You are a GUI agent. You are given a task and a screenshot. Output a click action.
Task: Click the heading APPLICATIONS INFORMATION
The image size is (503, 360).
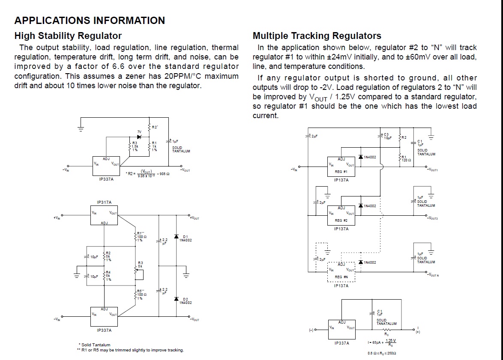(x=90, y=21)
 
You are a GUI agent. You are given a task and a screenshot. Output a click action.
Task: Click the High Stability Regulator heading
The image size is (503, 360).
(x=68, y=36)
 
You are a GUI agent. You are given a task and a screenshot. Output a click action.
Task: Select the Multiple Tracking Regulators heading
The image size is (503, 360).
(x=317, y=36)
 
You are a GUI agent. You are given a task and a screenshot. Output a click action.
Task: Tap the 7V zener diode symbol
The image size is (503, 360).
(x=139, y=137)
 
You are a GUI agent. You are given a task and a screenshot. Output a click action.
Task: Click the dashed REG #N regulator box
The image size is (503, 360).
(x=341, y=273)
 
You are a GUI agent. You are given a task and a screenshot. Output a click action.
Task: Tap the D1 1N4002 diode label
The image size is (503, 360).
(x=186, y=238)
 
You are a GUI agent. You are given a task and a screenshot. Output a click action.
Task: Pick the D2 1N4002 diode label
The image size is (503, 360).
(x=186, y=301)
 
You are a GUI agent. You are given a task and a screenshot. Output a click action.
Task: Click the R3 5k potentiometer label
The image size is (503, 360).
(x=140, y=264)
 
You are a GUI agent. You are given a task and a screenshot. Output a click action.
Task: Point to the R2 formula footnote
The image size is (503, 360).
(x=148, y=173)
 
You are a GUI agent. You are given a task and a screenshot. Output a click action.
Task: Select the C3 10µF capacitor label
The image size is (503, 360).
(x=388, y=137)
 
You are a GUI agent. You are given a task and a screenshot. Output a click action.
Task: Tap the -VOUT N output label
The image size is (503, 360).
(x=433, y=275)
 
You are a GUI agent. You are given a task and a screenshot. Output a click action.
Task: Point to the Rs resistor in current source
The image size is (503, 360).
(x=386, y=330)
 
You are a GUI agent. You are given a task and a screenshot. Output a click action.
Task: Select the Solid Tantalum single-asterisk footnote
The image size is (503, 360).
(x=94, y=345)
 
